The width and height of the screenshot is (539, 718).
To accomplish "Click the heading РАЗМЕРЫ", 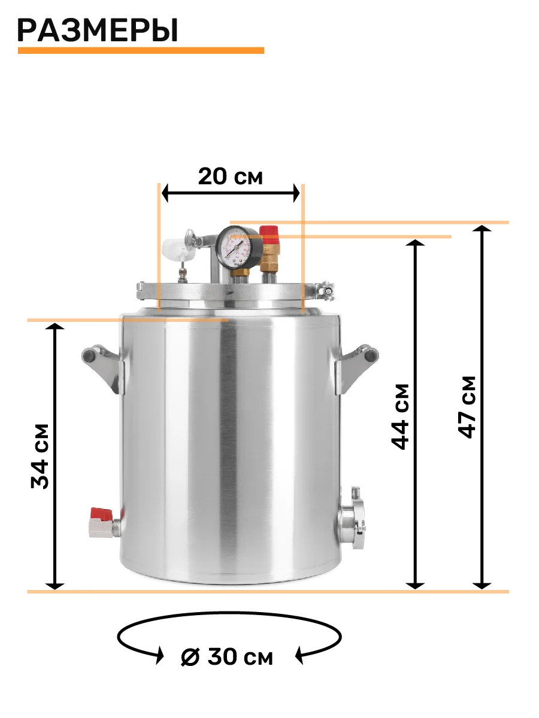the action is tap(98, 31).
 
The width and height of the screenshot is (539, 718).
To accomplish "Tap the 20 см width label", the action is tap(231, 177).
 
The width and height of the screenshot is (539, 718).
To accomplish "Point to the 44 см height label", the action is tap(400, 417).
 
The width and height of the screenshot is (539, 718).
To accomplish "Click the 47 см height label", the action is tap(467, 407).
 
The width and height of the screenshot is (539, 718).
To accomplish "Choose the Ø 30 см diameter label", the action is tap(227, 656).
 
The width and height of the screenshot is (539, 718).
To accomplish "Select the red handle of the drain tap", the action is tap(101, 515).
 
